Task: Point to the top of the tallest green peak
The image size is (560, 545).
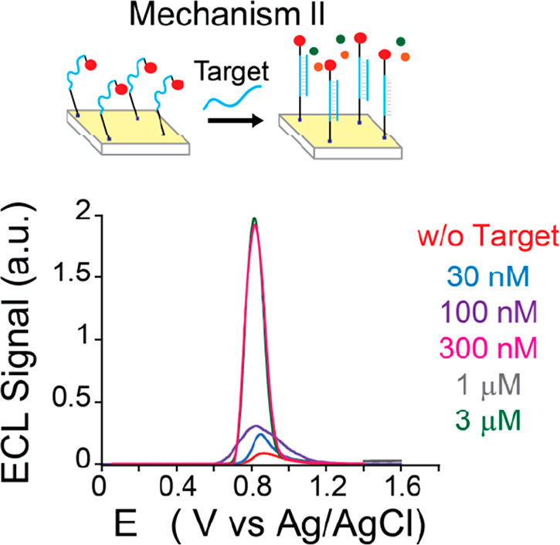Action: tap(254, 219)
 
